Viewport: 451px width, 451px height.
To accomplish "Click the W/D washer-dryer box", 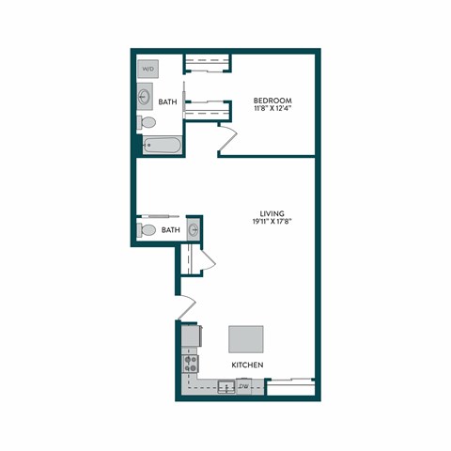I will [x=148, y=70].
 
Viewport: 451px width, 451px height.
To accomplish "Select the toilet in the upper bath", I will [x=148, y=122].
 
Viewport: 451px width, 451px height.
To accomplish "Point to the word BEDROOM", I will [x=273, y=101].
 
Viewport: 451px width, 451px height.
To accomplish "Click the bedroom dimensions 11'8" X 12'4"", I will [x=273, y=110].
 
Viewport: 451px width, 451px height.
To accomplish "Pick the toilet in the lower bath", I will [x=148, y=230].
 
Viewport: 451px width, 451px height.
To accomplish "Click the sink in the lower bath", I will [x=194, y=228].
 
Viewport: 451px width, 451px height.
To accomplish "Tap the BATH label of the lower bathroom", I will [x=170, y=230].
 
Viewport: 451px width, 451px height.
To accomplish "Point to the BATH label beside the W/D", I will [x=168, y=101].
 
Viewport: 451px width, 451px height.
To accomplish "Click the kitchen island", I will [x=247, y=338].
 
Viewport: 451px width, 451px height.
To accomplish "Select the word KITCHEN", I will [x=247, y=365].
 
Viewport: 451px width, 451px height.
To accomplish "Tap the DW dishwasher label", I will [x=243, y=386].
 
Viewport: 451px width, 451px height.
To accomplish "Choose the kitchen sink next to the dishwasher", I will [x=225, y=386].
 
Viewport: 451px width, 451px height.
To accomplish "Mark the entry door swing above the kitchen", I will [x=185, y=308].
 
